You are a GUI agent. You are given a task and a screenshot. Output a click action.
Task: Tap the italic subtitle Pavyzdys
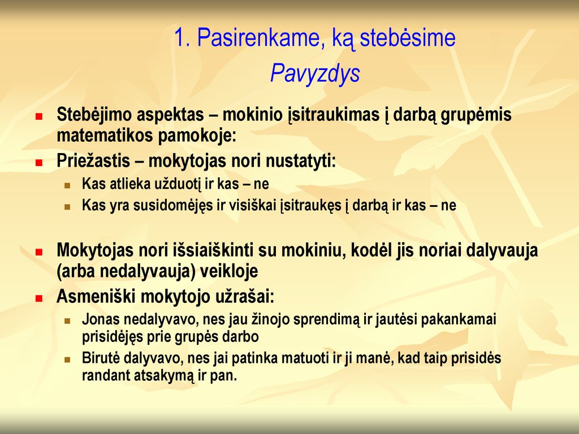point(315,73)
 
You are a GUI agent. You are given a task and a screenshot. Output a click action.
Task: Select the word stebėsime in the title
point(408,37)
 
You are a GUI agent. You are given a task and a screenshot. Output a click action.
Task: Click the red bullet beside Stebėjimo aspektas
point(39,116)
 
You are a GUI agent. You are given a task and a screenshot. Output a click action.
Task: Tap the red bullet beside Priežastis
point(39,163)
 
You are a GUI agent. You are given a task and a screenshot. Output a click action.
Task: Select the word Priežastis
point(93,161)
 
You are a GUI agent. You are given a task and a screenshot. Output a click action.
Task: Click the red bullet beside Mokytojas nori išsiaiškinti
point(39,253)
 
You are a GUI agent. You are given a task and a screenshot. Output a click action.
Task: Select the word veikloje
point(228,272)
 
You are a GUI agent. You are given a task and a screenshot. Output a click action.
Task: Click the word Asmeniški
point(95,296)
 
